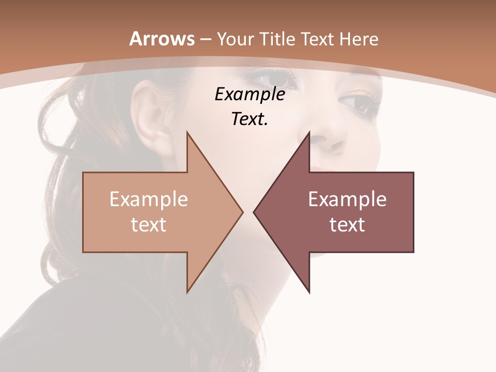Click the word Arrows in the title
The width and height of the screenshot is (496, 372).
click(162, 39)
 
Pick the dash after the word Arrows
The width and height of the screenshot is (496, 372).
click(205, 40)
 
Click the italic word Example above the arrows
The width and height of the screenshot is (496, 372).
click(250, 95)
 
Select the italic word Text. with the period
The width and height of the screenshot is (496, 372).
click(250, 119)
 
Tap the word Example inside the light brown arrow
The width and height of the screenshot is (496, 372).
click(149, 199)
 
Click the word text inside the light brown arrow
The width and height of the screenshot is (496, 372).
click(149, 224)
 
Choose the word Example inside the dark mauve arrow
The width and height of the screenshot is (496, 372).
click(347, 199)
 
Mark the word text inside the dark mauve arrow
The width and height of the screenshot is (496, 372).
click(347, 224)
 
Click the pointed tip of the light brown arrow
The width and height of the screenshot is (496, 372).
click(242, 212)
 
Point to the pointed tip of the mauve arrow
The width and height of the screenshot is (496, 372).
click(254, 212)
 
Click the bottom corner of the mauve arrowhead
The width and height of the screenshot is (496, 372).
click(309, 292)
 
